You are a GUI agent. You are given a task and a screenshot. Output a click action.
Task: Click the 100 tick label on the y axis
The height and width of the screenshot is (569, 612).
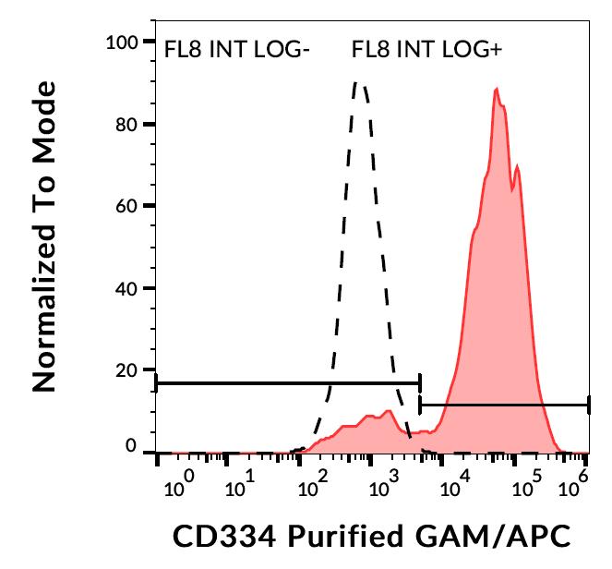[x=124, y=42]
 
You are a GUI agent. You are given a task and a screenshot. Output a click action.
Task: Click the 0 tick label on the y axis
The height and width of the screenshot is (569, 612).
[x=133, y=449]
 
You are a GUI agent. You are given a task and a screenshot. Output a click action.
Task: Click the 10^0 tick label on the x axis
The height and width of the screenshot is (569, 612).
[x=181, y=481]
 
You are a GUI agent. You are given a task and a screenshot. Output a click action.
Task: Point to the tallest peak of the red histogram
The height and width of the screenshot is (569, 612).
[x=497, y=89]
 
